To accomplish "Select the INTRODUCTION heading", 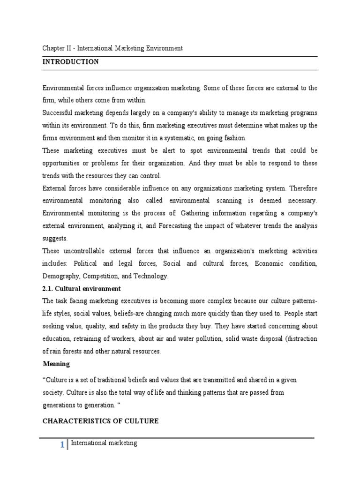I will [x=71, y=62].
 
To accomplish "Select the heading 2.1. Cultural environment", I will [x=82, y=288].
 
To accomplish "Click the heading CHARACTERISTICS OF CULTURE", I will [x=101, y=421].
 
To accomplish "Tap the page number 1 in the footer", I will [x=62, y=446].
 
